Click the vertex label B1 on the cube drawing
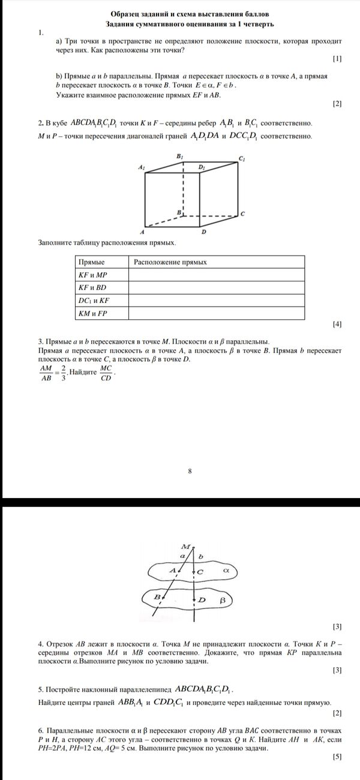pyautogui.click(x=179, y=156)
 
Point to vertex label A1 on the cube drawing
pyautogui.click(x=141, y=169)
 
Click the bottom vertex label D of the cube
pyautogui.click(x=204, y=232)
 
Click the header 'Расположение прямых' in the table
pyautogui.click(x=170, y=262)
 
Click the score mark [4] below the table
pyautogui.click(x=337, y=325)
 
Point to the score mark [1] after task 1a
pyautogui.click(x=337, y=59)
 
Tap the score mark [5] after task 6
pyautogui.click(x=337, y=757)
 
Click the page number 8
pyautogui.click(x=190, y=471)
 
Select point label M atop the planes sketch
pyautogui.click(x=185, y=547)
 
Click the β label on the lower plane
pyautogui.click(x=222, y=599)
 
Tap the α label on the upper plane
pyautogui.click(x=226, y=571)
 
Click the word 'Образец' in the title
pyautogui.click(x=127, y=13)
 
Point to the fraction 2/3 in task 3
pyautogui.click(x=63, y=373)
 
